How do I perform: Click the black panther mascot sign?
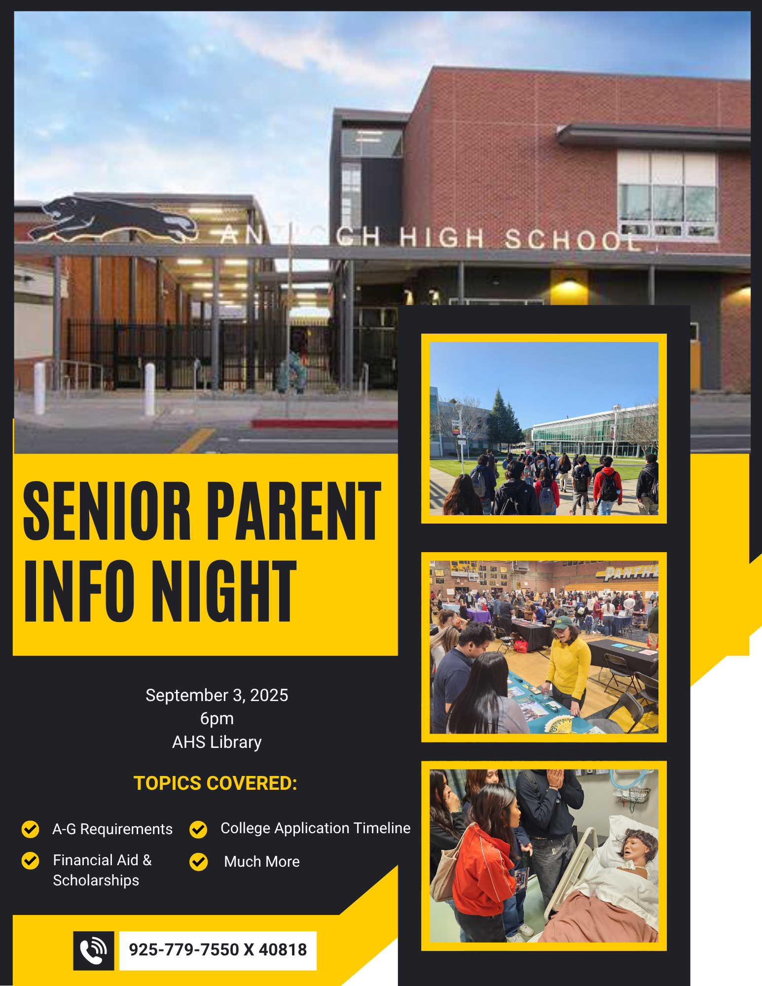[112, 219]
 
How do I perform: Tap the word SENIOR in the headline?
[107, 511]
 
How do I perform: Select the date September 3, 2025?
[217, 695]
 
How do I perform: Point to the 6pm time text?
[217, 719]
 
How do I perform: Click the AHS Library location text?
[217, 742]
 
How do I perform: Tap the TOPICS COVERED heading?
[216, 783]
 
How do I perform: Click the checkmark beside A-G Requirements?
[31, 829]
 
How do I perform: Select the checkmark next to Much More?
[199, 862]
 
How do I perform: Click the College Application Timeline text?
[315, 828]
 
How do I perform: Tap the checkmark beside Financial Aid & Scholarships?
[31, 860]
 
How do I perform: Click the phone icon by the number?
[94, 951]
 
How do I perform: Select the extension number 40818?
[283, 950]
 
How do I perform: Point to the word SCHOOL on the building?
[572, 240]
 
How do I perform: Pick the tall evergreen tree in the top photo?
[504, 419]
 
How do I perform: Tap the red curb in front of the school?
[325, 423]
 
